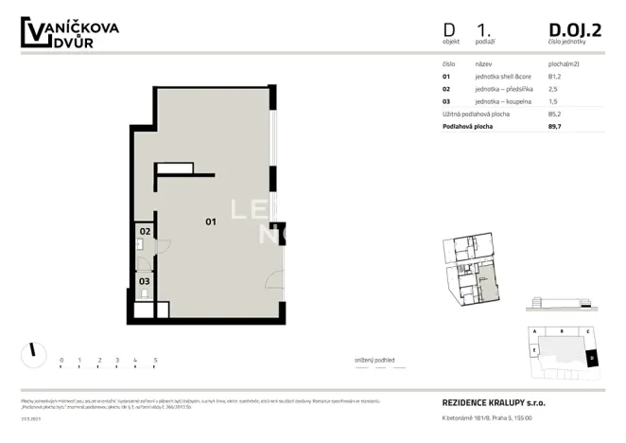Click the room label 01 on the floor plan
(x=211, y=221)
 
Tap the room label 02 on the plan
(x=145, y=231)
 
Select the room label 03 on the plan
(x=145, y=281)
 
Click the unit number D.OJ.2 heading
(x=574, y=30)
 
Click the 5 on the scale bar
(x=154, y=361)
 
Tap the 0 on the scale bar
(x=61, y=361)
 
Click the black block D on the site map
(x=591, y=357)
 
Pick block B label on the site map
(x=563, y=332)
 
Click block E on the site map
(x=535, y=350)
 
